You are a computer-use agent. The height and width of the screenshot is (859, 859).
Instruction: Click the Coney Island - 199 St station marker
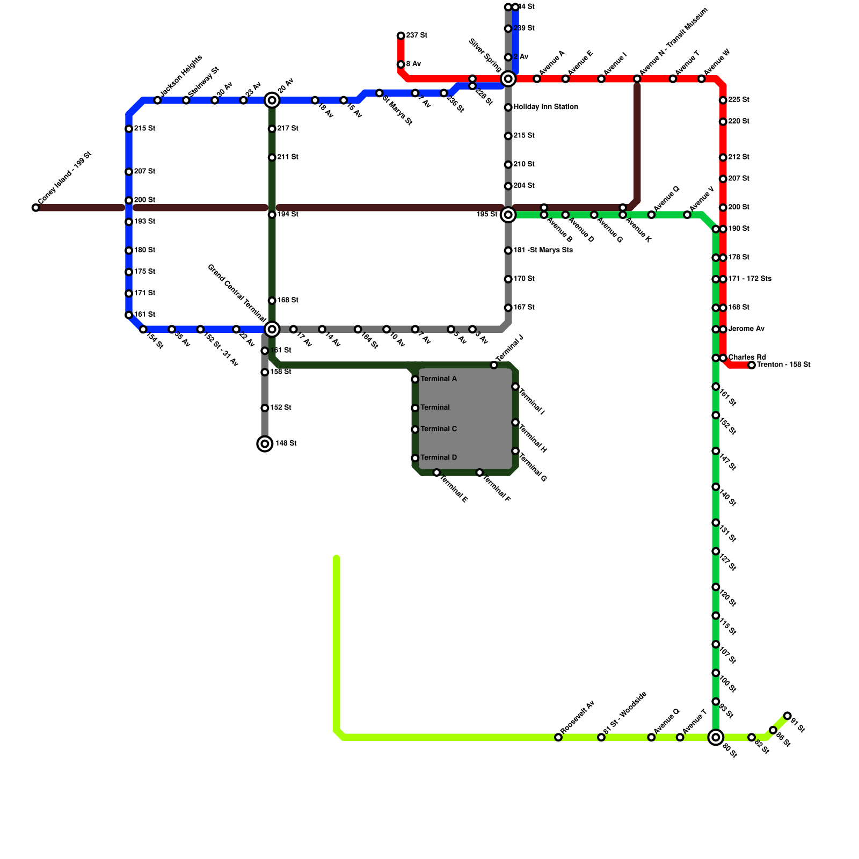coord(35,208)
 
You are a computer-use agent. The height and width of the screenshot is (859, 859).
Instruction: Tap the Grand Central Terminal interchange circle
coord(272,329)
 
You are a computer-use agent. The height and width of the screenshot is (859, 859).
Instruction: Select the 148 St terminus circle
coord(265,443)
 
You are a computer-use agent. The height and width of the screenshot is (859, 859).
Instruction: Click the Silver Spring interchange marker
coord(508,79)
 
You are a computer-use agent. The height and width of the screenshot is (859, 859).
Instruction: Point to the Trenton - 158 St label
coord(783,365)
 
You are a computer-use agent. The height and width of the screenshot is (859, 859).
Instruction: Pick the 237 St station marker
coord(401,36)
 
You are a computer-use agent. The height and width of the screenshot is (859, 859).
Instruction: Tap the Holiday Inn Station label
coord(545,107)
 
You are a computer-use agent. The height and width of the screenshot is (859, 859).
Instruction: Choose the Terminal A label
coord(439,379)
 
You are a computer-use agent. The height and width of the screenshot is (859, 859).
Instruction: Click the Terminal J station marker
coord(494,365)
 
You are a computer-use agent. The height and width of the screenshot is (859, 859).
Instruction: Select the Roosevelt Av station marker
coord(558,737)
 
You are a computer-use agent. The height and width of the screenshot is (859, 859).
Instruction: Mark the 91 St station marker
coord(787,716)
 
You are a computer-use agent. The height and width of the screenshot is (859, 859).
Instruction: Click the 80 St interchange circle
coord(716,737)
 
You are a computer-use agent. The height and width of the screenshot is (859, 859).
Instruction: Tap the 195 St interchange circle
coord(508,215)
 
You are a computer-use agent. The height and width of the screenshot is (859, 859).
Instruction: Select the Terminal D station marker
coord(415,458)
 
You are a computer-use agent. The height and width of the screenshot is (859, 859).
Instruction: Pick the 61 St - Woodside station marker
coord(601,737)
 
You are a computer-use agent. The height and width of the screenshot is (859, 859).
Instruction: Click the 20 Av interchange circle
coord(272,100)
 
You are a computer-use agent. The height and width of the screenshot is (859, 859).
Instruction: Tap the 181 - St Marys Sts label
coord(543,250)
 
